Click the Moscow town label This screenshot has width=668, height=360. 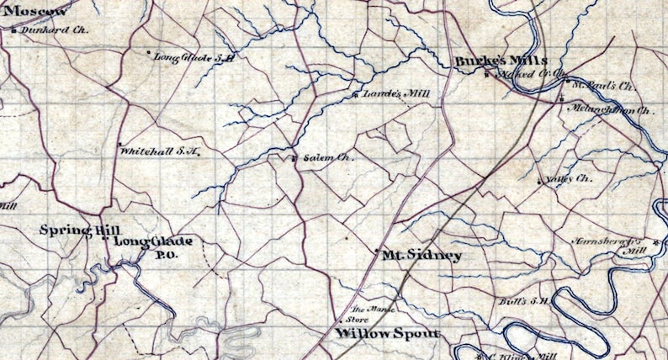click(x=35, y=11)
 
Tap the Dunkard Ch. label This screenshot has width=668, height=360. click(x=44, y=29)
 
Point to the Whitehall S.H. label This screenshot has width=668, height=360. click(x=160, y=152)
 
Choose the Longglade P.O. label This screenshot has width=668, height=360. click(x=152, y=247)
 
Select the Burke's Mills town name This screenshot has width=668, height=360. click(x=501, y=61)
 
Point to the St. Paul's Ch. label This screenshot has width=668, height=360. click(x=602, y=86)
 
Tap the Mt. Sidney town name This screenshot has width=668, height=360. click(x=421, y=255)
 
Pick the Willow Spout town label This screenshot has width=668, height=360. click(x=387, y=334)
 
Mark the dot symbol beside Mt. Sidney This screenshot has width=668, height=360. click(x=375, y=251)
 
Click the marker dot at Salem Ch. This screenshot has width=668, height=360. click(x=294, y=157)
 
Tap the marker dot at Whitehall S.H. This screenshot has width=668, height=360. click(x=119, y=143)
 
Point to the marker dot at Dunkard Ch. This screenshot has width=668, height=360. click(x=15, y=29)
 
